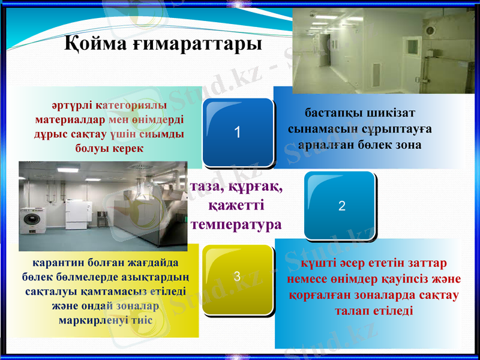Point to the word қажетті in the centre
pos(236,206)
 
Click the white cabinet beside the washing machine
pos(77,215)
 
